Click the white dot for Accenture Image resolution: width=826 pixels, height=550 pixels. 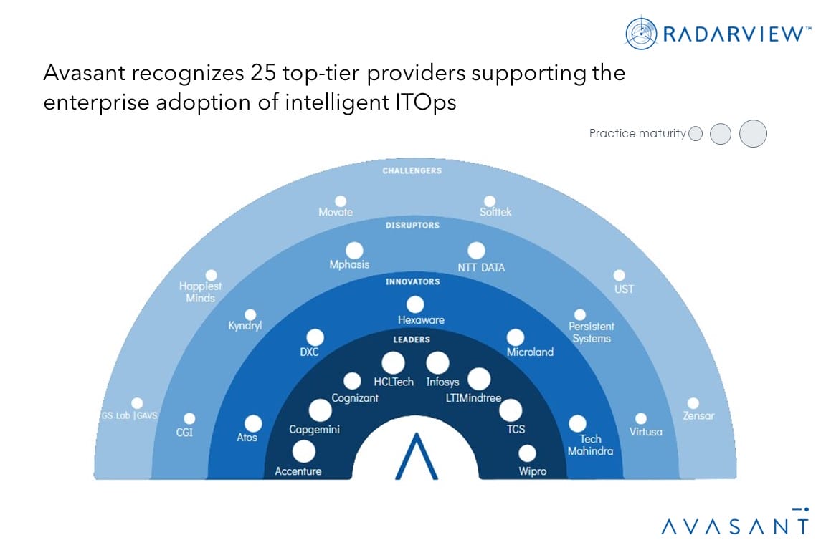303,451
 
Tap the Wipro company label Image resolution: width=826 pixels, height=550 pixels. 533,471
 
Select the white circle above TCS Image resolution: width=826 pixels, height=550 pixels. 511,410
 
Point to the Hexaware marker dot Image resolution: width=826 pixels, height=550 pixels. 414,304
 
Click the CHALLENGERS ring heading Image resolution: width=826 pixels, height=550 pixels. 412,171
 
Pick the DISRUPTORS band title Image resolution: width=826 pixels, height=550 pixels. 412,226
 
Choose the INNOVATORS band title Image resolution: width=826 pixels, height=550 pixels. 412,282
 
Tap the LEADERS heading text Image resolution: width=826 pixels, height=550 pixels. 412,339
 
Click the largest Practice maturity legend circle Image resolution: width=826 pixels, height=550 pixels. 753,133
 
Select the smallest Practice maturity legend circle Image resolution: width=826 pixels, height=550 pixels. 695,134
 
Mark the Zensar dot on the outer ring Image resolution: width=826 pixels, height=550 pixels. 693,403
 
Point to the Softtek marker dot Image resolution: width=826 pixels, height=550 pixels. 489,201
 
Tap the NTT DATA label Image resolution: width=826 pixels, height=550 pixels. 480,268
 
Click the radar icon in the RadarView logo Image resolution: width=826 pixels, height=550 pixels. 640,33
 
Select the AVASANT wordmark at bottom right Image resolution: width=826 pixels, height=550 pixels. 734,526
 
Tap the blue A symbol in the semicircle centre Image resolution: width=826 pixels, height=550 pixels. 416,455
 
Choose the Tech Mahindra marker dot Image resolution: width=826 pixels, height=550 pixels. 577,424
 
